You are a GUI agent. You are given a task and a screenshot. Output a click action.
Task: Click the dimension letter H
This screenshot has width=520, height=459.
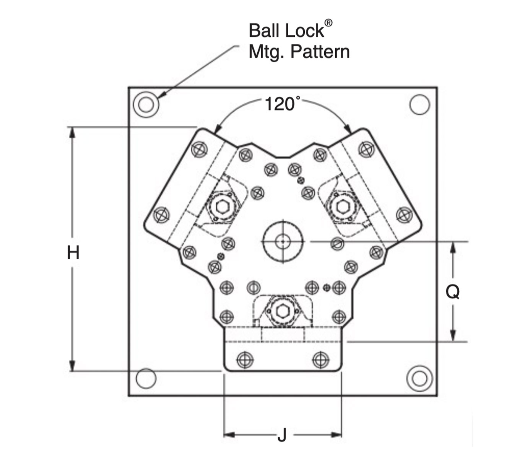(x=73, y=253)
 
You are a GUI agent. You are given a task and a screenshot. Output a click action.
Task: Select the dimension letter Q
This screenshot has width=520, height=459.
(x=453, y=292)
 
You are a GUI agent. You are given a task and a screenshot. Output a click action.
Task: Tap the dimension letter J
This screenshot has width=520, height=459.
(x=282, y=435)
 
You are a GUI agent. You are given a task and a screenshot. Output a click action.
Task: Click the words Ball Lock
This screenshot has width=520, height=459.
(x=286, y=31)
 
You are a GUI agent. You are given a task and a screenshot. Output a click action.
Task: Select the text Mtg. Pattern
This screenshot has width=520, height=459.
(x=299, y=52)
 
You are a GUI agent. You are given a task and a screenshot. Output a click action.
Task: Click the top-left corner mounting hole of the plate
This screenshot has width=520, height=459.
(x=146, y=104)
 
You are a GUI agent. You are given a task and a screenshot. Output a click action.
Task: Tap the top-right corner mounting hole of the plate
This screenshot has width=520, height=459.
(x=419, y=104)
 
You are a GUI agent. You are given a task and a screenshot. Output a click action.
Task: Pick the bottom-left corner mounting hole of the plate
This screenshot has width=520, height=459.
(x=146, y=378)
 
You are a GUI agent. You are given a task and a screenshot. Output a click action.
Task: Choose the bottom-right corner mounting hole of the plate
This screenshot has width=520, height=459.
(x=419, y=379)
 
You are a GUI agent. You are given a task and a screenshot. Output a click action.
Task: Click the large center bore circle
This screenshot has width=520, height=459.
(x=283, y=242)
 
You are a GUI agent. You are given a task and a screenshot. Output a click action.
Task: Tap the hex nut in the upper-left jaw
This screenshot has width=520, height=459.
(x=222, y=207)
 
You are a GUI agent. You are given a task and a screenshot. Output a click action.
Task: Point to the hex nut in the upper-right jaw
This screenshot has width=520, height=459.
(x=343, y=207)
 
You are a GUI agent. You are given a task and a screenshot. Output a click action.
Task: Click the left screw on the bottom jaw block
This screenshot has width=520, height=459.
(x=244, y=360)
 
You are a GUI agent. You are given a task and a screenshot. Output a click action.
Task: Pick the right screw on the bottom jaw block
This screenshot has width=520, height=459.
(x=320, y=360)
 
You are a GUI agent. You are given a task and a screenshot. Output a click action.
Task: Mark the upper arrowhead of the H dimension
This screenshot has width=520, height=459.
(x=71, y=132)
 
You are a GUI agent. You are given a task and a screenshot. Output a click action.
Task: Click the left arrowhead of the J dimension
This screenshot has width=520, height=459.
(x=229, y=435)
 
